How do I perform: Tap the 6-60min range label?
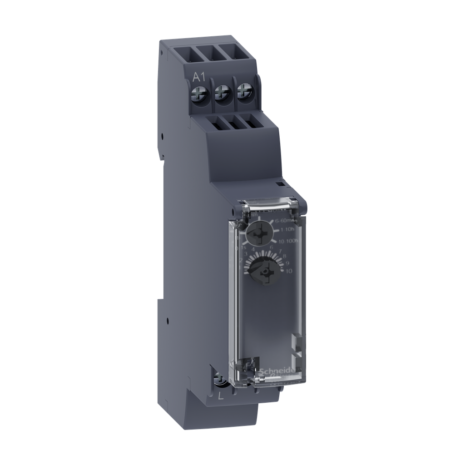[x=286, y=221]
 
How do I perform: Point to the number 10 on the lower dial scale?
[x=288, y=271]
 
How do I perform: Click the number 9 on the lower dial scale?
[x=287, y=263]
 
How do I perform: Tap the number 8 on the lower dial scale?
[x=285, y=256]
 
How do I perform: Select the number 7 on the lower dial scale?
[x=281, y=251]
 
